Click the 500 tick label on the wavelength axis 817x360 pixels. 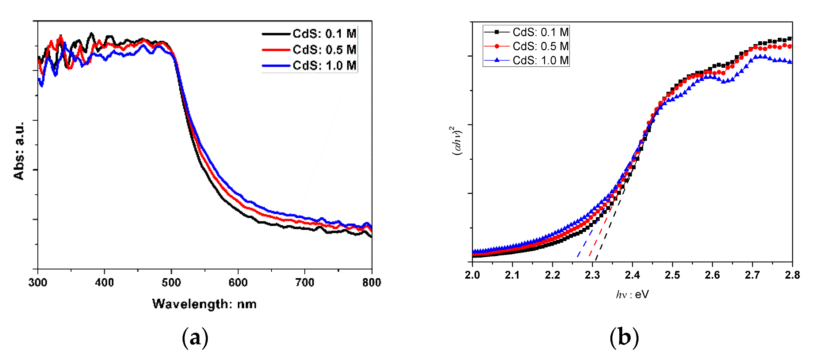coord(171,282)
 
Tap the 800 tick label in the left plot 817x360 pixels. coord(371,282)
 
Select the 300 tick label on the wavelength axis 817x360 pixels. coord(38,282)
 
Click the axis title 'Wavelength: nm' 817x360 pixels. coord(204,304)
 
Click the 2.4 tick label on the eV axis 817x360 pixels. coord(632,275)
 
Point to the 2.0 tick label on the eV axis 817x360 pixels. coord(472,275)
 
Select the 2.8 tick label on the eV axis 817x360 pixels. coord(792,275)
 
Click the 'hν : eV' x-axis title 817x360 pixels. coord(632,295)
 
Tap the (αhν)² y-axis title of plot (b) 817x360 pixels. coord(457,141)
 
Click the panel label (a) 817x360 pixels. coord(195,338)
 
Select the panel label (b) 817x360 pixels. coord(624,338)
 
